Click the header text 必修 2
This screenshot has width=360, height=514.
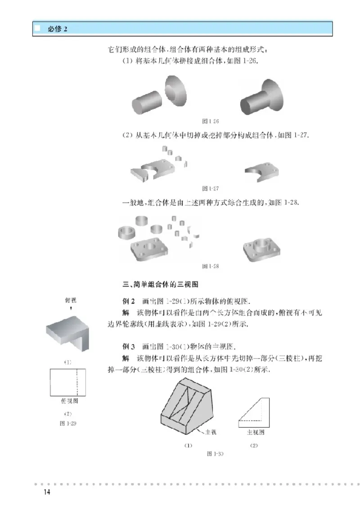coord(58,29)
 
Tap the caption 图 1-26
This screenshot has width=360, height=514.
coord(211,121)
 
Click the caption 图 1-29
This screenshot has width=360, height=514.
coord(68,423)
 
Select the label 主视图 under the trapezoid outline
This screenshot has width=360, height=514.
coord(255,433)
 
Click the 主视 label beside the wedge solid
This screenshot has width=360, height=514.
coord(211,433)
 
